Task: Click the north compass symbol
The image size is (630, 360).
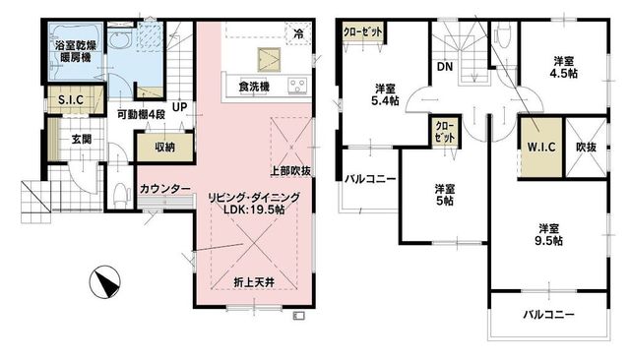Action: pyautogui.click(x=104, y=282)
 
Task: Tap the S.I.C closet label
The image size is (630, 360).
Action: pyautogui.click(x=71, y=99)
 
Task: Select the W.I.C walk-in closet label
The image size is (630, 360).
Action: pyautogui.click(x=541, y=147)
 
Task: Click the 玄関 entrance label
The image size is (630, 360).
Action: pyautogui.click(x=82, y=140)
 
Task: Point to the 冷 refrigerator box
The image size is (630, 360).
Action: pyautogui.click(x=299, y=33)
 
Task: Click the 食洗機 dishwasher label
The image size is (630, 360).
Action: pyautogui.click(x=254, y=87)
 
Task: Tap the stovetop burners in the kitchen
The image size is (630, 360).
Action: pyautogui.click(x=298, y=86)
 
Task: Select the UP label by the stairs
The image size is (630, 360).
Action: pyautogui.click(x=179, y=107)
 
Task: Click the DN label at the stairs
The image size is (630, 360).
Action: pyautogui.click(x=445, y=66)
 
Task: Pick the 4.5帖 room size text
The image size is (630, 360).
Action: pyautogui.click(x=564, y=74)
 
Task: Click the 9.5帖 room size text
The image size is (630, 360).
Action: pyautogui.click(x=549, y=241)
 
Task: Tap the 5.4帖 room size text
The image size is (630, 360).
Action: pyautogui.click(x=385, y=100)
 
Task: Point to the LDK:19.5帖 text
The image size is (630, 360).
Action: pyautogui.click(x=255, y=210)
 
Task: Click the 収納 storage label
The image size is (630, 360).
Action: pyautogui.click(x=164, y=148)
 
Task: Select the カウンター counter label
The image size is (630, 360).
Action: pyautogui.click(x=164, y=189)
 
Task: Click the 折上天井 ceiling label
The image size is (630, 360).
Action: pyautogui.click(x=254, y=282)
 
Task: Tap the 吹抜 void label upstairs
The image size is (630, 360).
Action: pyautogui.click(x=586, y=148)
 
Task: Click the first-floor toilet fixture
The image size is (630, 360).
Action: pyautogui.click(x=120, y=195)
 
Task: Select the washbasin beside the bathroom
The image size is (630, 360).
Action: pyautogui.click(x=119, y=40)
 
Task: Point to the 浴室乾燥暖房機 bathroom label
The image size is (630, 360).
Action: pyautogui.click(x=75, y=51)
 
